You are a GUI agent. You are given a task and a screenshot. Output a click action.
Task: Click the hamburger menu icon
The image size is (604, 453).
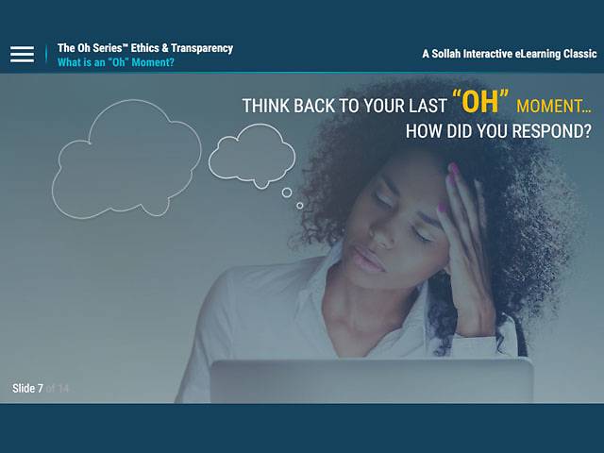point(22,54)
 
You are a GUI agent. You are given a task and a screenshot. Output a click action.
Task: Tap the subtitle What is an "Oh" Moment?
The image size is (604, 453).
point(115,63)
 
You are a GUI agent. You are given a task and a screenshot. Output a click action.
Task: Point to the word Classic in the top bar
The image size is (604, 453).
point(577,54)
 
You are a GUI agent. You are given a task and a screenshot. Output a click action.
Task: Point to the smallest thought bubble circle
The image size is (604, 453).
point(300,205)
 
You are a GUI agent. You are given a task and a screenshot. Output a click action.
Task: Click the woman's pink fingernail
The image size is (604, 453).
point(452,172)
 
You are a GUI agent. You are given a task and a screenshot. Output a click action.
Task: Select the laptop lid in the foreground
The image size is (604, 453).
point(371,380)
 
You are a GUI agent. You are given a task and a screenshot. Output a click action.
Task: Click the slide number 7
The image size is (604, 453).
point(40,389)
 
